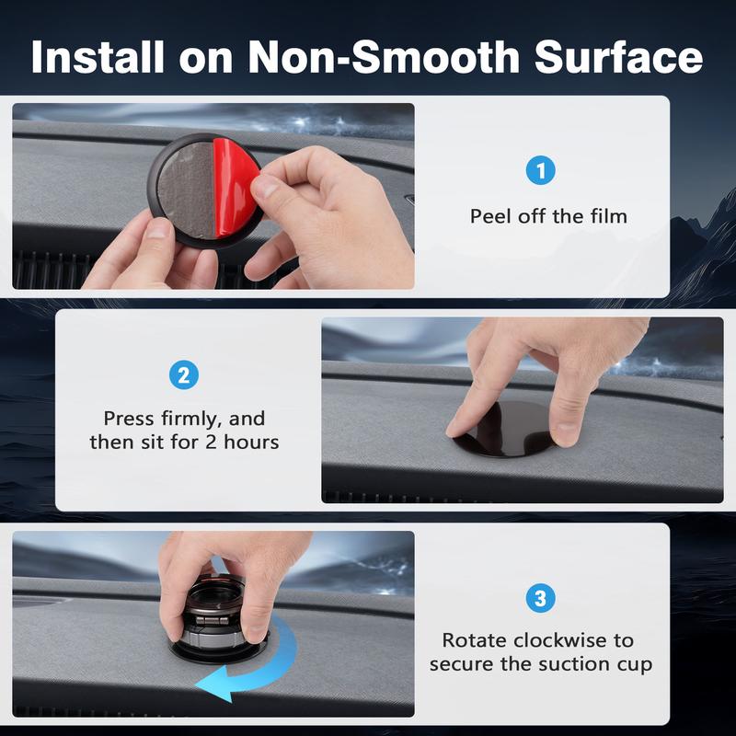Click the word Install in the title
point(98,57)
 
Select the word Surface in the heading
point(618,57)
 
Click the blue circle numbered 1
point(541,170)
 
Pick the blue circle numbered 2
point(184,374)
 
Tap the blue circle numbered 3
point(541,598)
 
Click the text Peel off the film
point(548,216)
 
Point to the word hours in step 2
point(251,443)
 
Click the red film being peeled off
point(233,186)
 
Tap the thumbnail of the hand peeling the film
point(213,196)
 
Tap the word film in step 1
point(609,216)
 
